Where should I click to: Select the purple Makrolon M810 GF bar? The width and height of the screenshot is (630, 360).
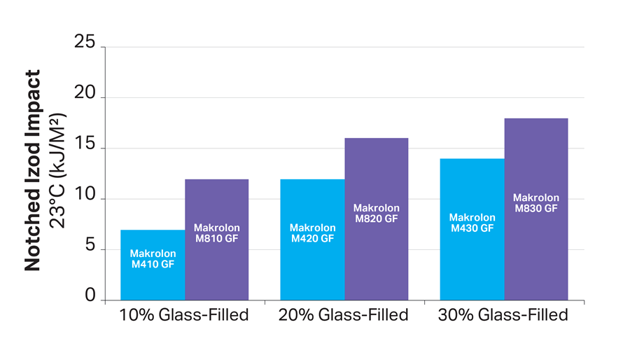216,266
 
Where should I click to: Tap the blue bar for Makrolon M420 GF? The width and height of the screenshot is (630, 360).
312,266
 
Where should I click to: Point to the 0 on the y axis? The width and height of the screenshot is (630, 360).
90,296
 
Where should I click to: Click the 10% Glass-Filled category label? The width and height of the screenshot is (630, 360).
184,315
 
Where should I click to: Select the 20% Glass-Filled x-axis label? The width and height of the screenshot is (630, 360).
344,315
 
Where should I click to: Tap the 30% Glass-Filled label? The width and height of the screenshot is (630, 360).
503,315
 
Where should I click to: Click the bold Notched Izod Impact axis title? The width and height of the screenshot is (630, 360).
33,170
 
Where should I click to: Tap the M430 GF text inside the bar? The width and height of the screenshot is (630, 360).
472,228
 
